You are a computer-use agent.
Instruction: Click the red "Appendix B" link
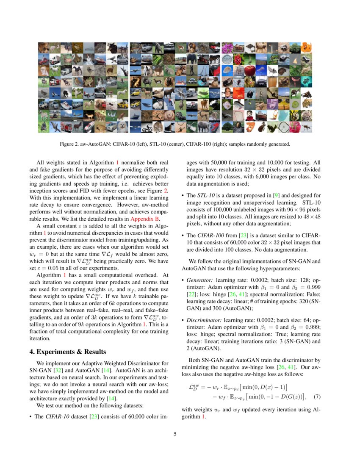(x=144, y=219)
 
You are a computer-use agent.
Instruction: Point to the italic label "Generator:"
(x=200, y=280)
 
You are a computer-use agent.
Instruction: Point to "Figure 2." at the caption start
(x=69, y=144)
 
